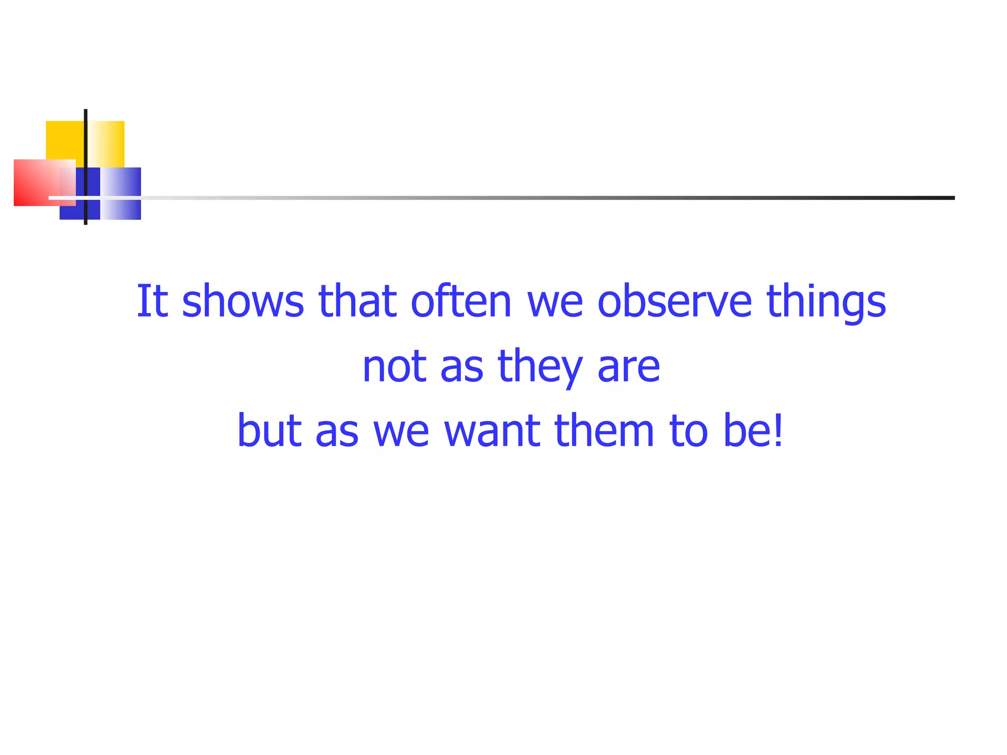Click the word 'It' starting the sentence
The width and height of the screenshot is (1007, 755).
tap(152, 301)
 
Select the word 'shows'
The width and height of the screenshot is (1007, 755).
tap(243, 301)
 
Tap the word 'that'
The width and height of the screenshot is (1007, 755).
tap(357, 301)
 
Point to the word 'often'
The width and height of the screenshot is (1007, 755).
tap(461, 301)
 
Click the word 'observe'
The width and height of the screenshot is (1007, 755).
tap(674, 301)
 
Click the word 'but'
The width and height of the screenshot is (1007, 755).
tap(269, 431)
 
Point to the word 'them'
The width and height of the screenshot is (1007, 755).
tap(604, 431)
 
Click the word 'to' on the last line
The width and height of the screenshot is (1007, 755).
tap(688, 431)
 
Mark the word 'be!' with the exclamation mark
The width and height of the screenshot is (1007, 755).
tap(753, 431)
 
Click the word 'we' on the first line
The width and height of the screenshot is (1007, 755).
tap(555, 301)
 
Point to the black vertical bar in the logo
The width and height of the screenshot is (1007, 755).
tap(86, 147)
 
